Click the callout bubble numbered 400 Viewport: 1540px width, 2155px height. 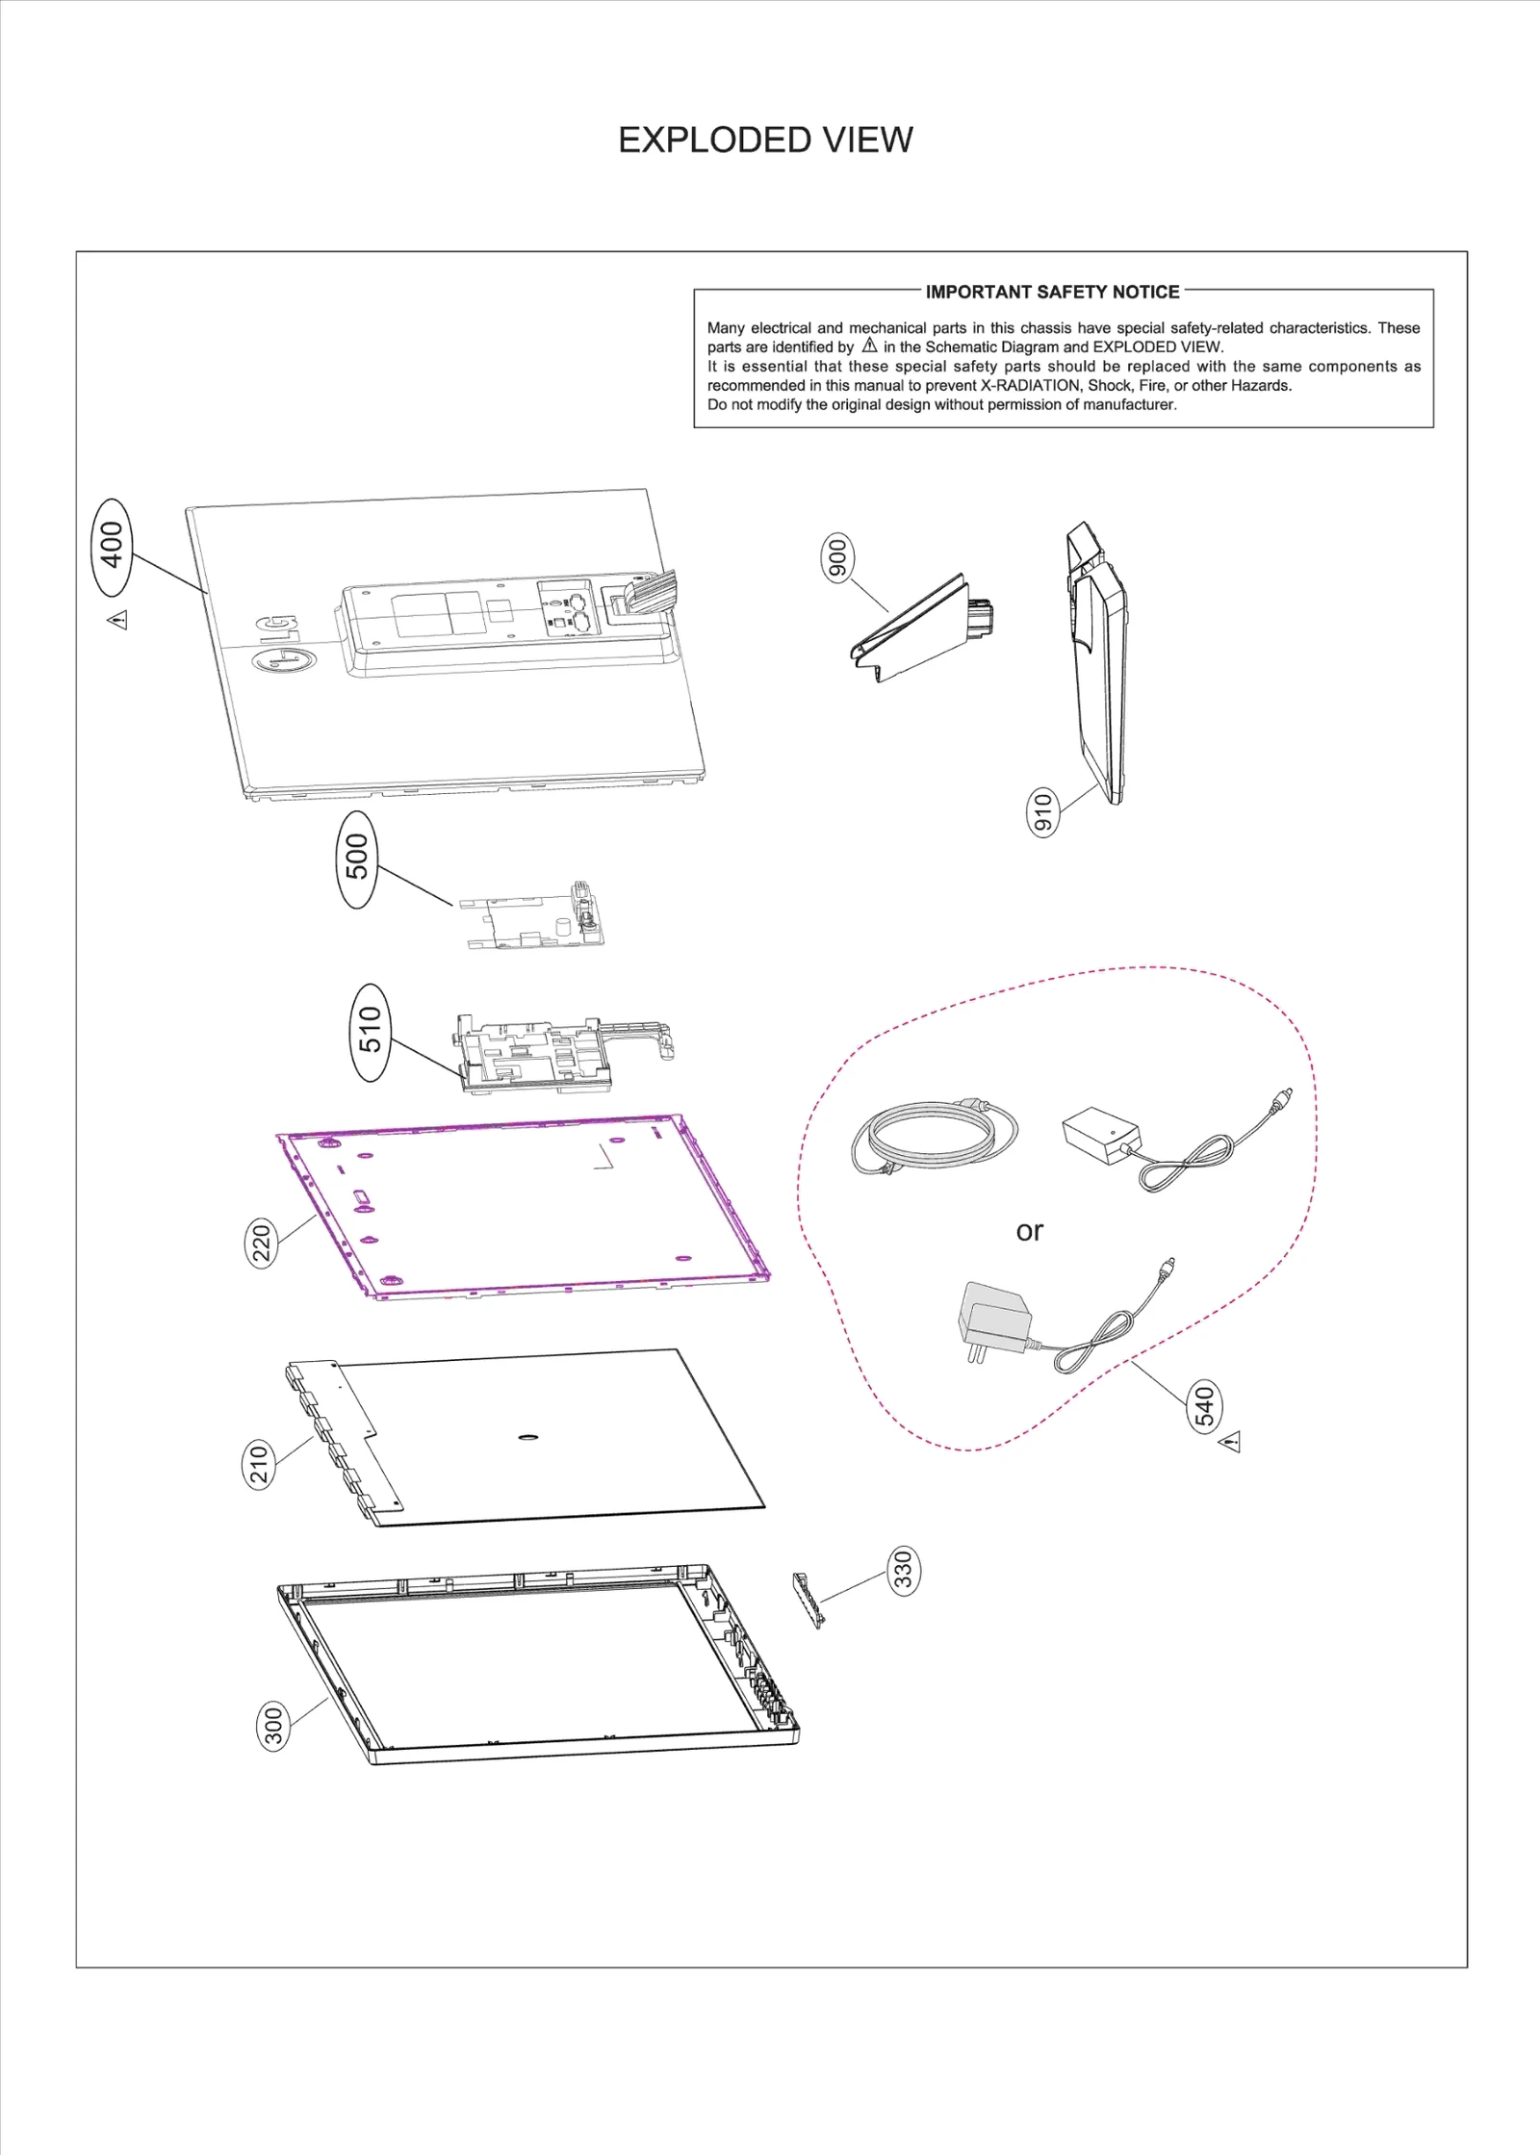113,545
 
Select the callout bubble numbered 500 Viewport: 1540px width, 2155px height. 357,858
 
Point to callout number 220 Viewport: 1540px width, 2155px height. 262,1242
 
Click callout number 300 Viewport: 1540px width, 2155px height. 274,1725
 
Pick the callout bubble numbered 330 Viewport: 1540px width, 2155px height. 903,1570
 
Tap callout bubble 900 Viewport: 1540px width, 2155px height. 837,558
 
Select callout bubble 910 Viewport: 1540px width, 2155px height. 1042,811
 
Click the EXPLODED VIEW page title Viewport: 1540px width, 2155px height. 765,141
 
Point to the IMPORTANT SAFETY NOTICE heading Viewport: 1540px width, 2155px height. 1052,292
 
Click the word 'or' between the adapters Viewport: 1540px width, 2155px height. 1029,1231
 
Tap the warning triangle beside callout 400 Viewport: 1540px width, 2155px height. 117,619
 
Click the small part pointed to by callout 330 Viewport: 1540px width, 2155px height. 808,1599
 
